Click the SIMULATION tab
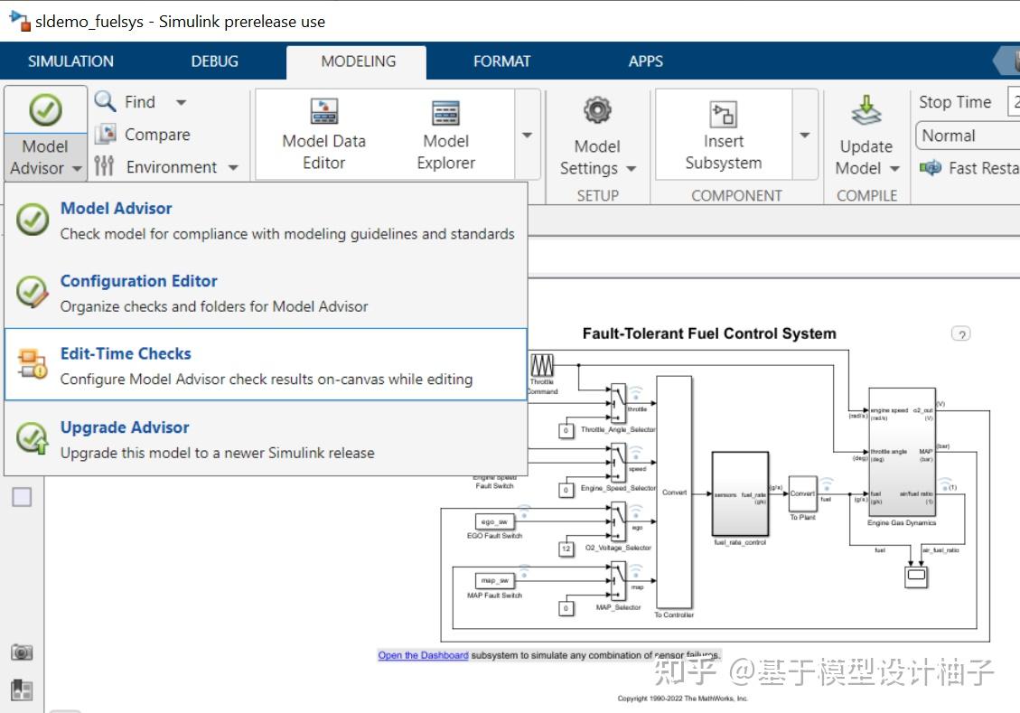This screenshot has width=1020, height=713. pyautogui.click(x=70, y=61)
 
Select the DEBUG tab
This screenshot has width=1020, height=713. pyautogui.click(x=215, y=61)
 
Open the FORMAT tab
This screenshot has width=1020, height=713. pyautogui.click(x=501, y=61)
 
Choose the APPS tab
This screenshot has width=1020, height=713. pyautogui.click(x=646, y=61)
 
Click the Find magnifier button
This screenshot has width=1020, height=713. pyautogui.click(x=107, y=101)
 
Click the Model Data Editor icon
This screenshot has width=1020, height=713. pyautogui.click(x=323, y=113)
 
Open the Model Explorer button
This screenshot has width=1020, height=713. pyautogui.click(x=445, y=113)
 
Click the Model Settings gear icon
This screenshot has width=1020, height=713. pyautogui.click(x=597, y=111)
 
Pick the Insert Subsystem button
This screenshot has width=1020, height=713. pyautogui.click(x=723, y=114)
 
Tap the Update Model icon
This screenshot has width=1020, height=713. pyautogui.click(x=866, y=111)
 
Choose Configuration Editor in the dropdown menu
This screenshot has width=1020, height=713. pyautogui.click(x=138, y=281)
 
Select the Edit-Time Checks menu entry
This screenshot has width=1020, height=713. pyautogui.click(x=126, y=353)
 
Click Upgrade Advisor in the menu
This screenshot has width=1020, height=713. pyautogui.click(x=125, y=427)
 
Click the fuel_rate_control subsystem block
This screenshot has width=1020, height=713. pyautogui.click(x=740, y=493)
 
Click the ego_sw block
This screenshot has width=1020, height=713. pyautogui.click(x=493, y=521)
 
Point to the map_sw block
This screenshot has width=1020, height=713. pyautogui.click(x=493, y=580)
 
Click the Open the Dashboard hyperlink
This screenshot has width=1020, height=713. pyautogui.click(x=423, y=655)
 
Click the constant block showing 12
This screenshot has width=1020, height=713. pyautogui.click(x=566, y=549)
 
